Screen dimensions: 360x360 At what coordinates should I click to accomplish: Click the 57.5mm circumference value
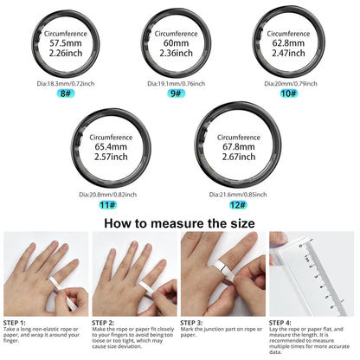coord(66,42)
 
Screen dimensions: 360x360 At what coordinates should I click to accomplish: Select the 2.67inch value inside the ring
coord(236,158)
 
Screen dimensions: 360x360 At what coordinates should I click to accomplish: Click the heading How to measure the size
coord(180,221)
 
